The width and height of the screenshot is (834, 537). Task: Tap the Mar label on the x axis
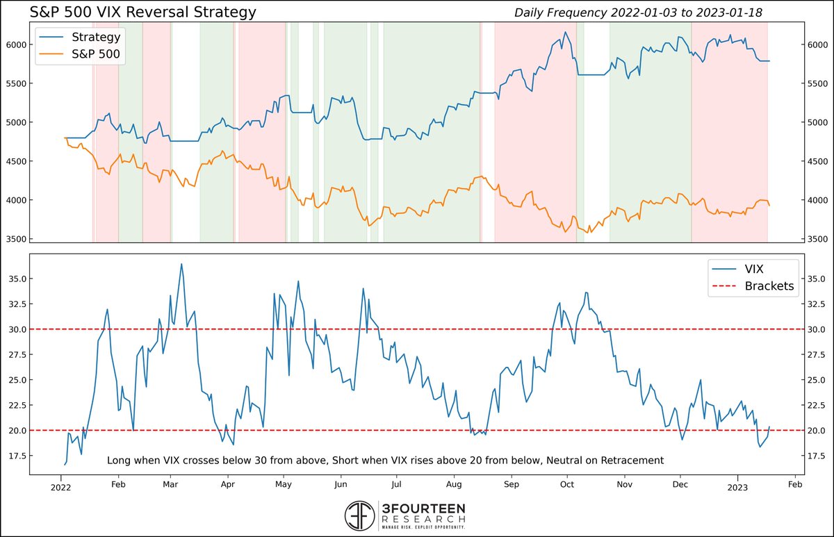171,486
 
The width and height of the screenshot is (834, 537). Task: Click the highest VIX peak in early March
181,264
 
